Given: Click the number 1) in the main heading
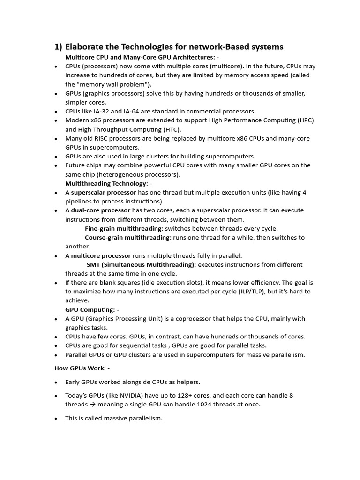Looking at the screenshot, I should (58, 47).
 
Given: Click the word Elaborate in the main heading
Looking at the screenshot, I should (85, 47).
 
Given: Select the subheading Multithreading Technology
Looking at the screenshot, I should (106, 183).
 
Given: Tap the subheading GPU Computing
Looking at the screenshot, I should (90, 309).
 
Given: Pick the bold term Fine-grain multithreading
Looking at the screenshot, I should (123, 228).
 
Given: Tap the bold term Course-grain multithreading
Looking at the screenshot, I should (127, 237).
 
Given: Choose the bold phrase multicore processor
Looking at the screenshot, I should (101, 255).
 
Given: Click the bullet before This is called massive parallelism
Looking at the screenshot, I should (56, 418).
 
